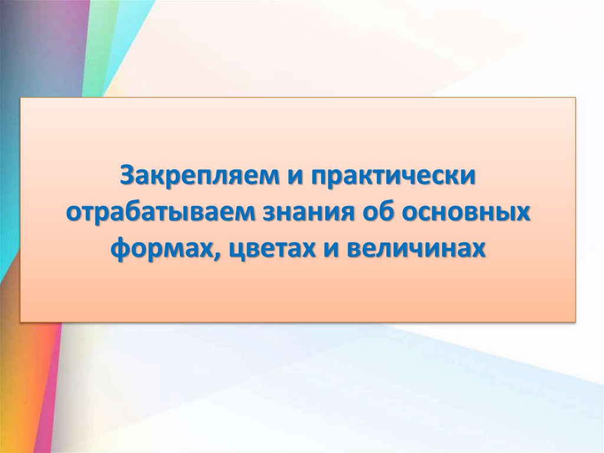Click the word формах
pos(162,248)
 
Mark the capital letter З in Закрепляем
pos(127,176)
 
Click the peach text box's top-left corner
pos(21,98)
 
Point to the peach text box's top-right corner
pos(575,98)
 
